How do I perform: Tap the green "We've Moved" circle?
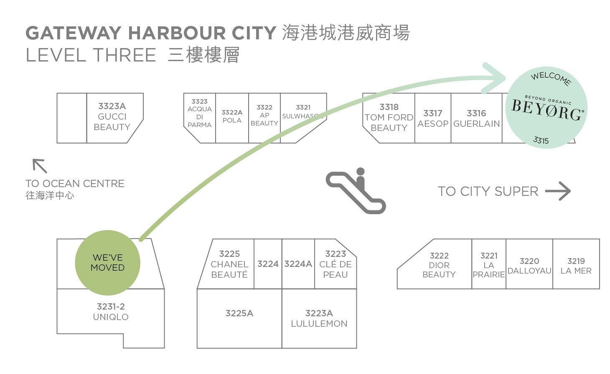tap(107, 263)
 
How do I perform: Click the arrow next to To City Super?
tap(558, 191)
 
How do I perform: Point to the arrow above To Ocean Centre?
tap(40, 166)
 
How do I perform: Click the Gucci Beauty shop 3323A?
tap(112, 117)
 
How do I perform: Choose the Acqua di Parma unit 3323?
tap(200, 113)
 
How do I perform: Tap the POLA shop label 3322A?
tap(232, 116)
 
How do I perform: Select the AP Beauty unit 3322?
tap(264, 115)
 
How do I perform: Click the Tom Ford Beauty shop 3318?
tap(389, 118)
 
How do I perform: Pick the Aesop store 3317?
tap(433, 118)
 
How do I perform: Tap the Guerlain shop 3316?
tap(477, 118)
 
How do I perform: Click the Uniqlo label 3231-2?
tap(111, 312)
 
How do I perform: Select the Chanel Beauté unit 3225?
tap(229, 264)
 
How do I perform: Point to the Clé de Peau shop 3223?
tap(335, 264)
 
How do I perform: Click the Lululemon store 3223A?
tap(319, 318)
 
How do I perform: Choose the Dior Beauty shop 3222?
tap(439, 265)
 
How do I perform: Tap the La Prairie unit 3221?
tap(489, 265)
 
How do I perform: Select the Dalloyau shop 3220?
tap(529, 266)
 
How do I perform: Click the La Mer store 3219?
tap(576, 266)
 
